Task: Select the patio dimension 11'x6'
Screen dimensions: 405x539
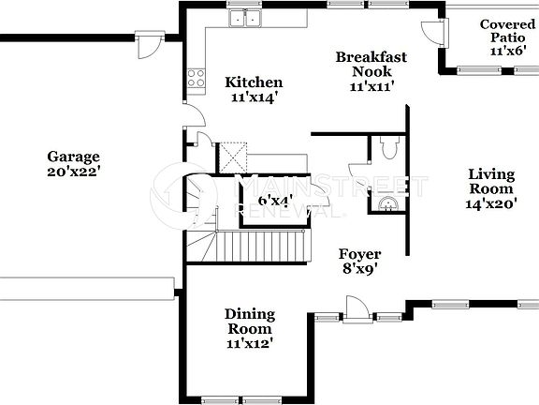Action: coord(506,52)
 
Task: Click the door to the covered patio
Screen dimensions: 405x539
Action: coord(432,32)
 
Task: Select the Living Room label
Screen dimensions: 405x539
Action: coord(492,181)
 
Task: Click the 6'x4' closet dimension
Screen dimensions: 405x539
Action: coord(276,200)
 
